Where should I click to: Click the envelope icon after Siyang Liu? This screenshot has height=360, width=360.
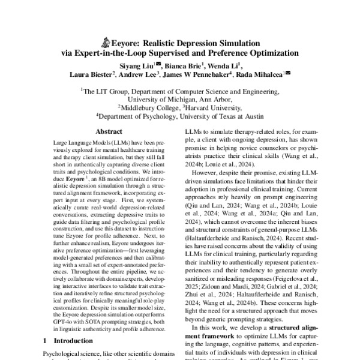pos(158,63)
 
